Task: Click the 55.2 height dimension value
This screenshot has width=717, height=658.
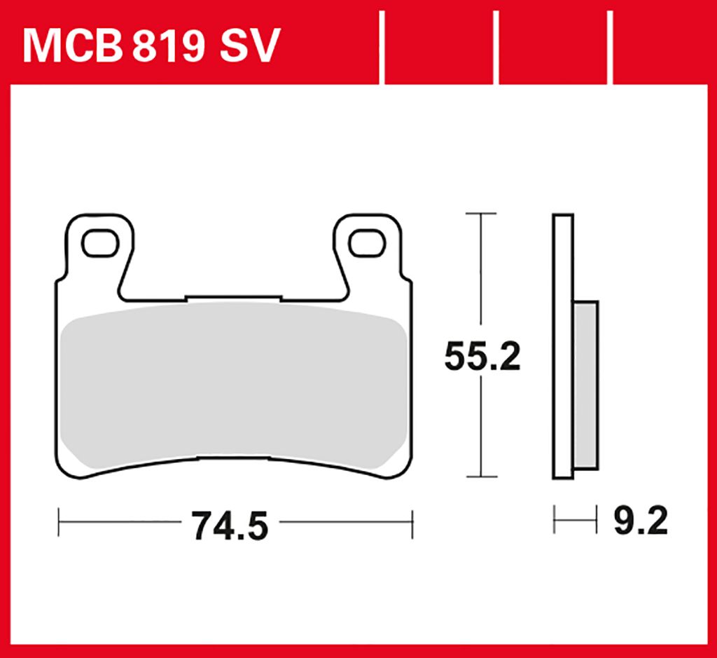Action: pos(482,359)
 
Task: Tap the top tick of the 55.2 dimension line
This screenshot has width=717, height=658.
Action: pos(480,213)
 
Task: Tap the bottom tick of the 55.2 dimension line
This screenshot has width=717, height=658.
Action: pos(480,477)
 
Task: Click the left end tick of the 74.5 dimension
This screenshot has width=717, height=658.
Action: pos(60,523)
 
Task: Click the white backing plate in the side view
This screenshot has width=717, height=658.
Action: pos(563,347)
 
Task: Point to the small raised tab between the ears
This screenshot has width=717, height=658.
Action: pos(233,299)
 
